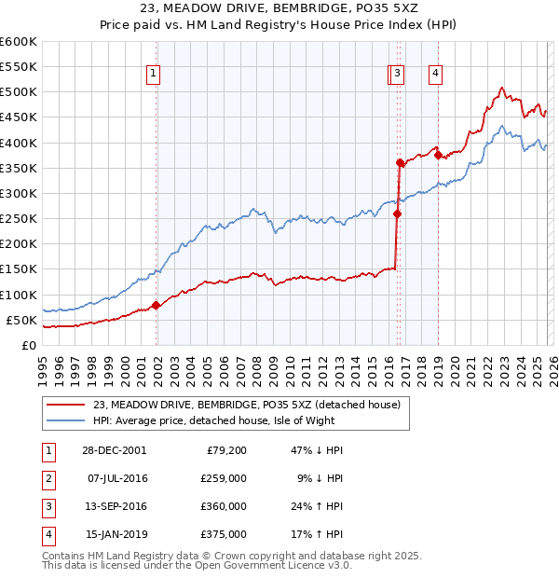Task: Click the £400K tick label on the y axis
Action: (x=19, y=143)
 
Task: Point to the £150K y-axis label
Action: (x=19, y=269)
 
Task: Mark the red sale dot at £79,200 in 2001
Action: (x=156, y=305)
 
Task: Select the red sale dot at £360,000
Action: (x=400, y=163)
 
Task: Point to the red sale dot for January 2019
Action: (x=438, y=156)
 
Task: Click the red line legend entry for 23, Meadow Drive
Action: (x=246, y=405)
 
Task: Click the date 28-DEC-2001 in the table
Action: (x=115, y=450)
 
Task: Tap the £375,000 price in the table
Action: (x=225, y=534)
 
